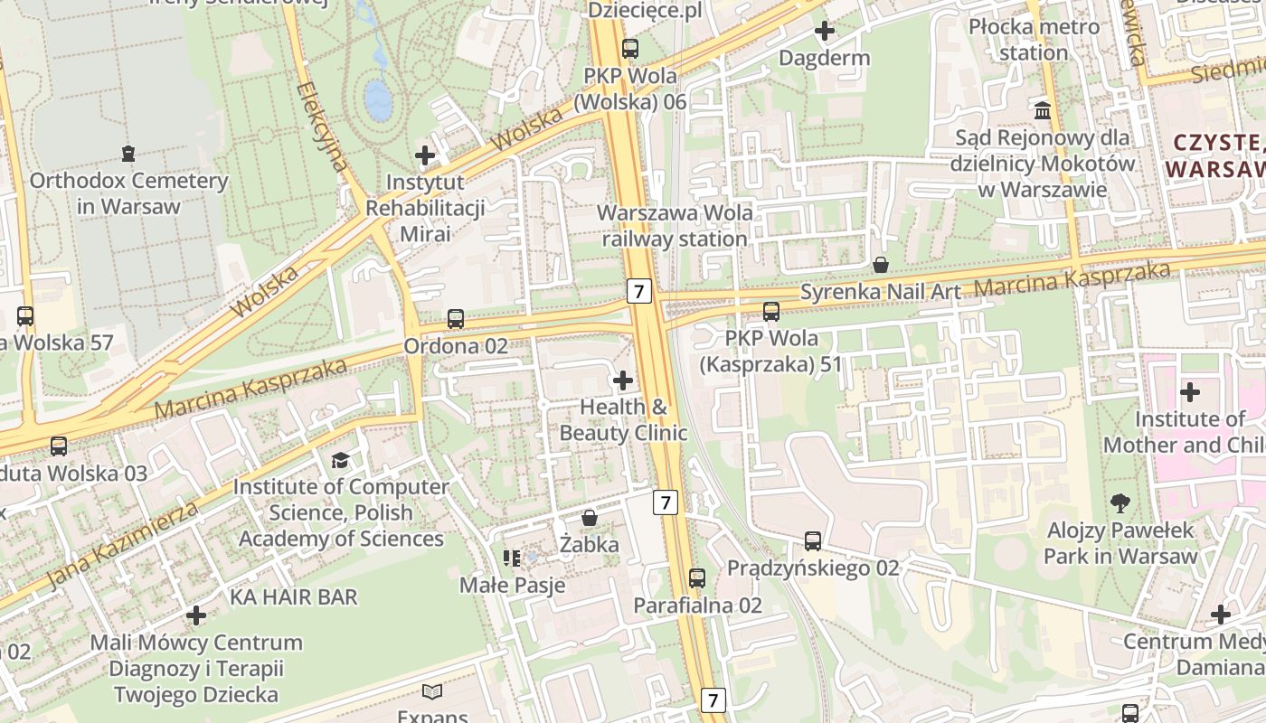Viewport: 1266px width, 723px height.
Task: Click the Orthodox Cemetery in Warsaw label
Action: pyautogui.click(x=128, y=193)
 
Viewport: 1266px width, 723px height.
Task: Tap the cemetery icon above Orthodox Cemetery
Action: pyautogui.click(x=128, y=153)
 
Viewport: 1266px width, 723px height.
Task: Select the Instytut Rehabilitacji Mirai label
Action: pyautogui.click(x=424, y=208)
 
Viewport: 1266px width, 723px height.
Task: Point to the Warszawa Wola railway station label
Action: pyautogui.click(x=675, y=226)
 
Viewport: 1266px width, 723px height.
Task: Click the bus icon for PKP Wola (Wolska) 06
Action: pyautogui.click(x=630, y=49)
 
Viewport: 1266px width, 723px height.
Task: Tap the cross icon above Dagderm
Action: pyautogui.click(x=825, y=32)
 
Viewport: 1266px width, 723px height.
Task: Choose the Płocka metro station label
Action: pyautogui.click(x=1035, y=40)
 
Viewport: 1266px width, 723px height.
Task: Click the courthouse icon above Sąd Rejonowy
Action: pyautogui.click(x=1043, y=110)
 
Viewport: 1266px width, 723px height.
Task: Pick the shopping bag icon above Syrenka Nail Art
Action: pyautogui.click(x=881, y=265)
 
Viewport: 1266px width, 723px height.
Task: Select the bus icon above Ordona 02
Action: pyautogui.click(x=456, y=319)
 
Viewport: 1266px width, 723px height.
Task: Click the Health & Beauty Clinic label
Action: pyautogui.click(x=623, y=420)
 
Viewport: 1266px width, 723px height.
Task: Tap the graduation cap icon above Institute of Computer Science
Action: pyautogui.click(x=340, y=461)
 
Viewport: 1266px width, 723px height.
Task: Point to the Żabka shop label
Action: pyautogui.click(x=589, y=545)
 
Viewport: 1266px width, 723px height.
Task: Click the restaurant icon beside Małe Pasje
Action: pyautogui.click(x=512, y=559)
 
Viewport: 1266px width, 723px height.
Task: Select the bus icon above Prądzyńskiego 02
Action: pyautogui.click(x=813, y=541)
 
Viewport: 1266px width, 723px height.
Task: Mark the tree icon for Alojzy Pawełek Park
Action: pyautogui.click(x=1120, y=503)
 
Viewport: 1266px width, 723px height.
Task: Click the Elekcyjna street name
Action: pyautogui.click(x=323, y=127)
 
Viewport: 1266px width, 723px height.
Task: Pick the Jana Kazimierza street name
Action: pyautogui.click(x=122, y=545)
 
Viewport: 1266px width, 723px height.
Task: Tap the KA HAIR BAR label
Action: pyautogui.click(x=293, y=597)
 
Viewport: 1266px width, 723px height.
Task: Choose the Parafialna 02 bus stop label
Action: pyautogui.click(x=697, y=606)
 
